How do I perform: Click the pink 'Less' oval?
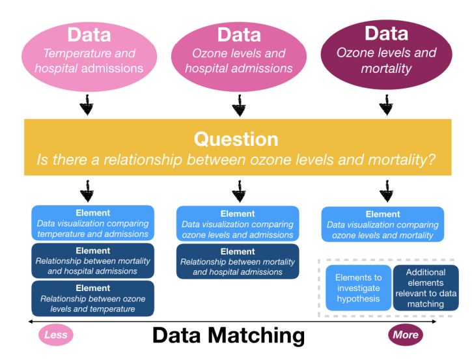pyautogui.click(x=56, y=335)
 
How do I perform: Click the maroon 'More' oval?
pyautogui.click(x=404, y=335)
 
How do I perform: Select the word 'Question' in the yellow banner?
pyautogui.click(x=236, y=139)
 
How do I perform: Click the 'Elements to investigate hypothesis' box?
pyautogui.click(x=358, y=287)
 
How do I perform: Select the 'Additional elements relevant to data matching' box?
pyautogui.click(x=426, y=287)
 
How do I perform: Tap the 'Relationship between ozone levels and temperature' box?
pyautogui.click(x=93, y=299)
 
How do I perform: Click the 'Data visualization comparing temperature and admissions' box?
pyautogui.click(x=93, y=223)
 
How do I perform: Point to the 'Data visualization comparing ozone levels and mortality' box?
pyautogui.click(x=383, y=225)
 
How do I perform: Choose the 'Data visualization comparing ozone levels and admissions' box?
pyautogui.click(x=238, y=224)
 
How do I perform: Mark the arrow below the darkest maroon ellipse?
pyautogui.click(x=386, y=105)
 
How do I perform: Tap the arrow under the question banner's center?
pyautogui.click(x=238, y=192)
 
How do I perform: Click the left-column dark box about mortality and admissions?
pyautogui.click(x=93, y=261)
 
